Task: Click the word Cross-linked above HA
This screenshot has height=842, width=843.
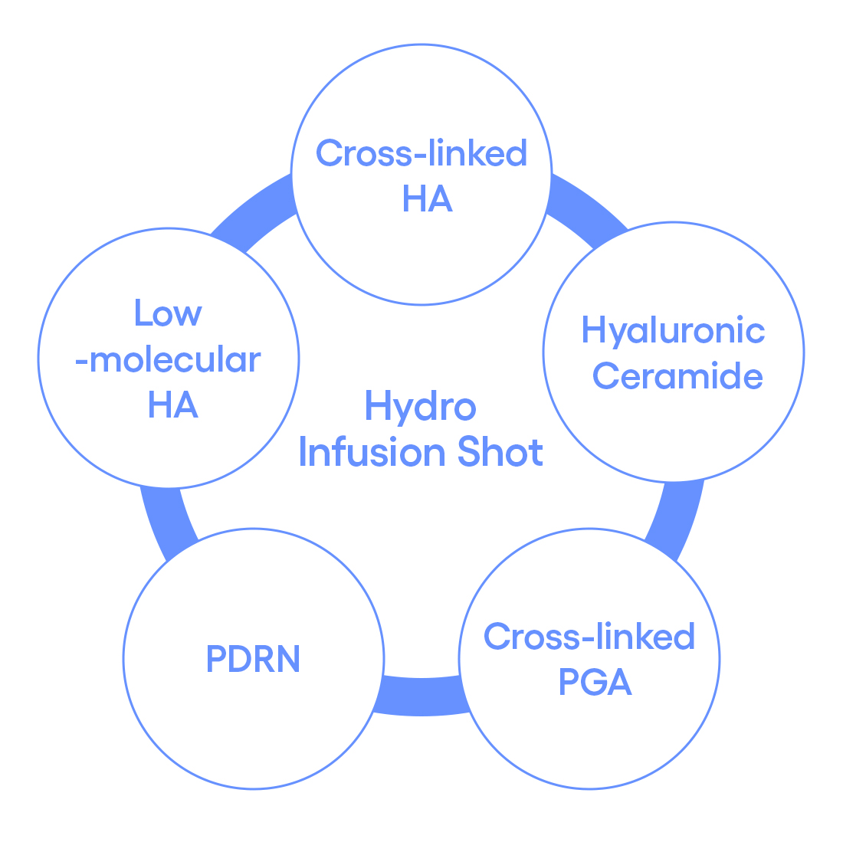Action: (421, 153)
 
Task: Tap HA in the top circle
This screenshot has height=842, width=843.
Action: (427, 199)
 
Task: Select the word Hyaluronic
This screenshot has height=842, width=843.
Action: (673, 331)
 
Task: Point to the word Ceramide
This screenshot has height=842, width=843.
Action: (677, 376)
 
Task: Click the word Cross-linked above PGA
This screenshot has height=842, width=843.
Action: (589, 637)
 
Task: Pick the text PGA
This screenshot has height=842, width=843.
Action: (595, 682)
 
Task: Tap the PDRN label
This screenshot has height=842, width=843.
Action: (253, 660)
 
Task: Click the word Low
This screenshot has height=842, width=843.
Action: (168, 313)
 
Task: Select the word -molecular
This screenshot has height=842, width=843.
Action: (168, 359)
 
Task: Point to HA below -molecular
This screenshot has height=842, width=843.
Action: (172, 405)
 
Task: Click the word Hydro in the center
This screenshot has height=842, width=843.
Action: (420, 406)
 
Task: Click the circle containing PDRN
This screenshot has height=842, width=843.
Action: (253, 728)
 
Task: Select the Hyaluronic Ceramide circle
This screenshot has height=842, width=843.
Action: (674, 429)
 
